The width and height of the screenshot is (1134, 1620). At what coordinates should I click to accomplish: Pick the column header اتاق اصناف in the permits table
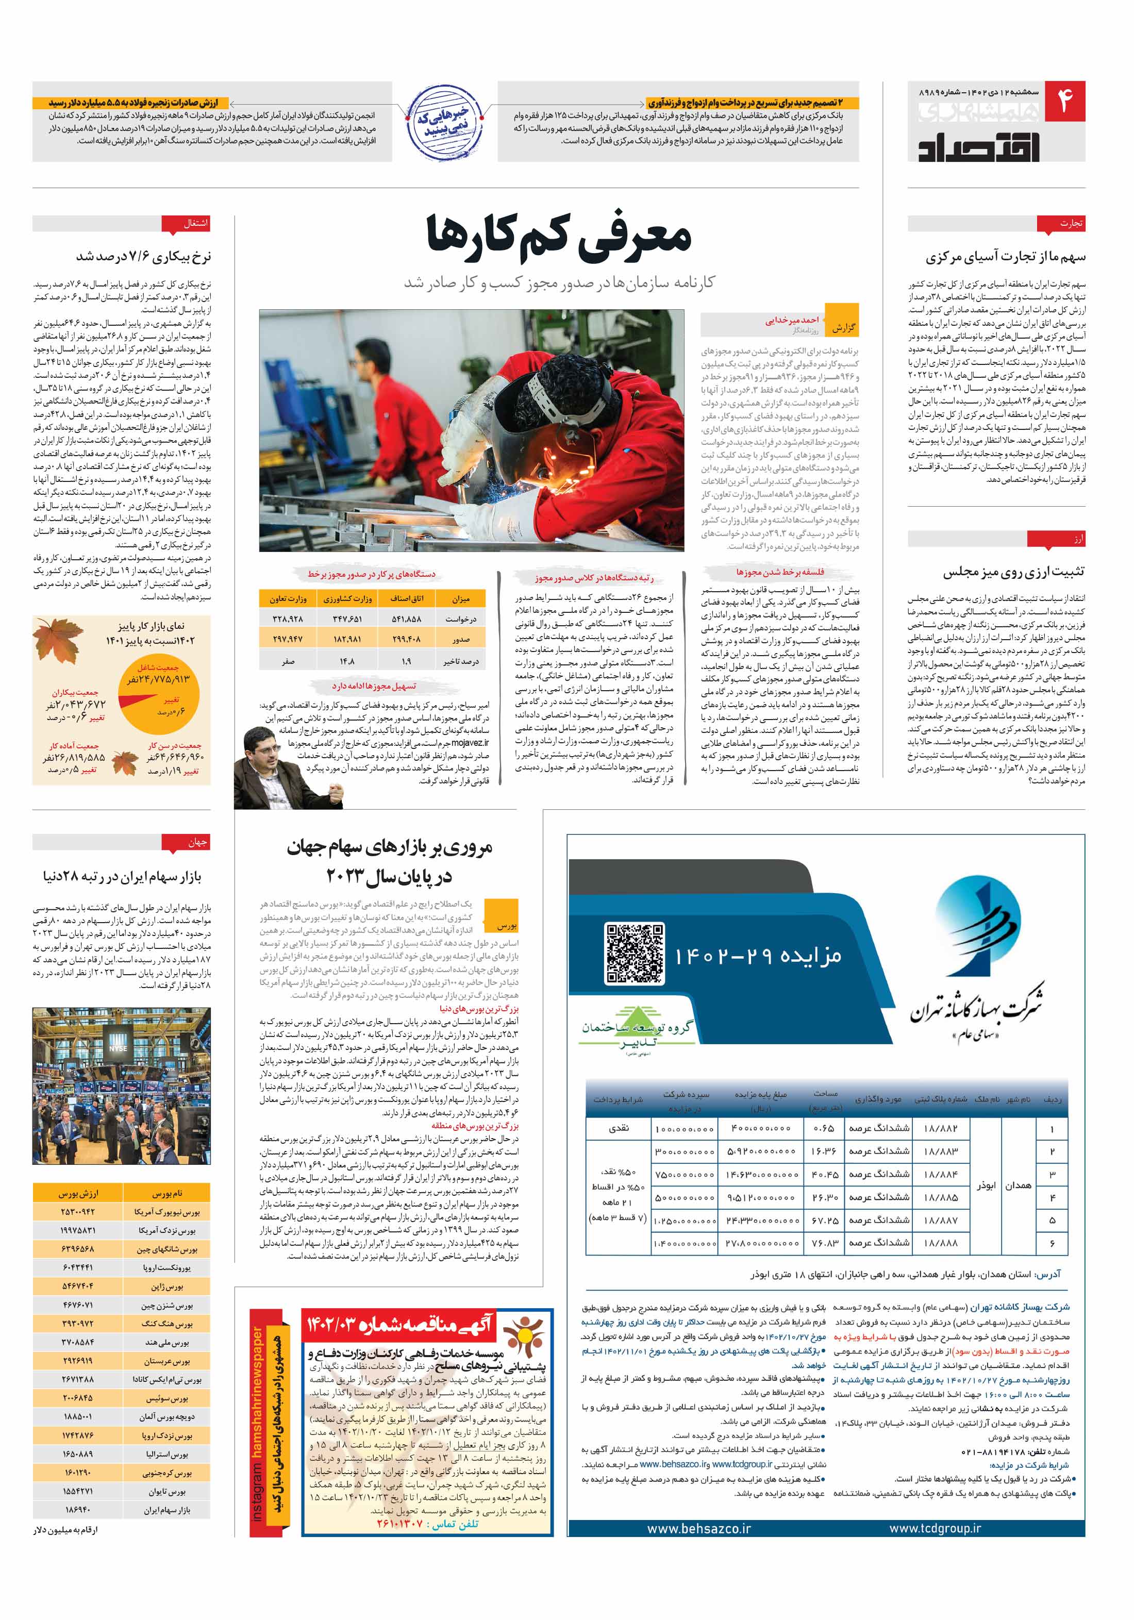(407, 598)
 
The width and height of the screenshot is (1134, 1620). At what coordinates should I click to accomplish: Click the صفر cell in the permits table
(288, 661)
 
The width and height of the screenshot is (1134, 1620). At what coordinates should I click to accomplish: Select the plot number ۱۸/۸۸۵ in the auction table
(941, 1197)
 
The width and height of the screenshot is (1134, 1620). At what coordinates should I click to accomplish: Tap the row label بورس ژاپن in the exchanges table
(166, 1287)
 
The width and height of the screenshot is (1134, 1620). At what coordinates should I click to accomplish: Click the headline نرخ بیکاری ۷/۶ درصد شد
(143, 256)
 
